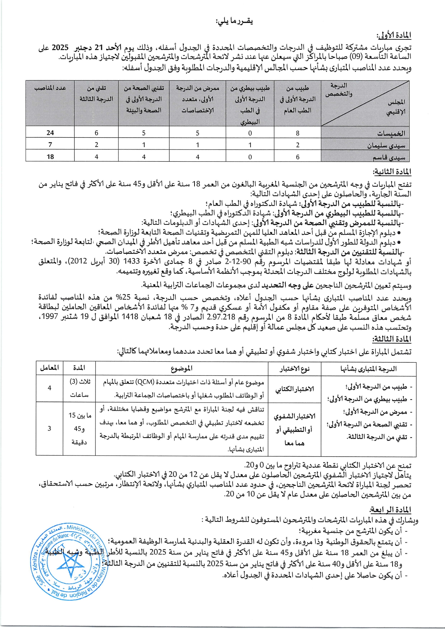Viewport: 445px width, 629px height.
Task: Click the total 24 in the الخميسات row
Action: coord(50,133)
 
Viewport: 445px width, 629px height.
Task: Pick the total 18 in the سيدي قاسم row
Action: coord(50,157)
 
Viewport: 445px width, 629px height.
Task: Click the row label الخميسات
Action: coord(391,133)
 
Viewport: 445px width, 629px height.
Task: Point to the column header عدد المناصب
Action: coord(50,88)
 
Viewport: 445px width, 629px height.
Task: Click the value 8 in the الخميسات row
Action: coord(298,133)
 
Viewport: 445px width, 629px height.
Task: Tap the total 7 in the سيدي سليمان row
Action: coord(50,145)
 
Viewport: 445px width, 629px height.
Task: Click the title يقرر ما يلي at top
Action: coord(234,22)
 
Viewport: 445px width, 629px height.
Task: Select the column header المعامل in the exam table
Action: coord(50,368)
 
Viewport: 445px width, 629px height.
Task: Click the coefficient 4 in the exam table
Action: coord(50,388)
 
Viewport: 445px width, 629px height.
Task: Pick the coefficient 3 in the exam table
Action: coord(50,428)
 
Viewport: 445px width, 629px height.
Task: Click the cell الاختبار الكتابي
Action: coord(295,389)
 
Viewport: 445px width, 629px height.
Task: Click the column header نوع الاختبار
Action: coord(295,368)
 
